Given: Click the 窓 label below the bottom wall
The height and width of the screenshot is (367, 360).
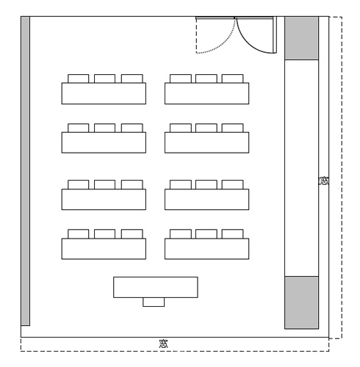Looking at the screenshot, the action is tap(163, 344).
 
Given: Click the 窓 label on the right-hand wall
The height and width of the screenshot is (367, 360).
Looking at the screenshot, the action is tap(323, 181).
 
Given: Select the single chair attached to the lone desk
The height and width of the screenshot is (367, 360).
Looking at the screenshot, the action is tap(154, 302).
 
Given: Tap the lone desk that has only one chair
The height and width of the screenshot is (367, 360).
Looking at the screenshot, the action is tap(156, 287).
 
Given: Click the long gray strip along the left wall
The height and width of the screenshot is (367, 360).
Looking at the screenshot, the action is tap(26, 171).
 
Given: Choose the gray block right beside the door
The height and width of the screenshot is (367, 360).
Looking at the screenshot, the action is tap(301, 38).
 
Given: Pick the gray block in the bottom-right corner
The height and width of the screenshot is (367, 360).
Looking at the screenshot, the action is tap(301, 302).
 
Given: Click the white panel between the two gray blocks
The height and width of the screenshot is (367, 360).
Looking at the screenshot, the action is tap(301, 168).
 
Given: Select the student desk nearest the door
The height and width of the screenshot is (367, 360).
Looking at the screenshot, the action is tap(207, 93).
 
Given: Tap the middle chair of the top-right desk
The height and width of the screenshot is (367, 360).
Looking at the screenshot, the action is tap(206, 79).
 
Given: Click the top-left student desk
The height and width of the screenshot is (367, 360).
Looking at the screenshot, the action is tap(104, 93).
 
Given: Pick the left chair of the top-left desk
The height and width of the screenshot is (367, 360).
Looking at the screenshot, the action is tap(79, 79).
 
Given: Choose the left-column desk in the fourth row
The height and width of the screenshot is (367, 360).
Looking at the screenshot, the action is tap(104, 249).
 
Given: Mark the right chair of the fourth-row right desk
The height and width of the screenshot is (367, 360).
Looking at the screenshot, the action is tap(233, 234).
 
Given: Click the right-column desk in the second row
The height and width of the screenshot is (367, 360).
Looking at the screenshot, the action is tap(207, 142).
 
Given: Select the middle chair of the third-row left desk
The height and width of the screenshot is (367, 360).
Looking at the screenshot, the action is tap(104, 184).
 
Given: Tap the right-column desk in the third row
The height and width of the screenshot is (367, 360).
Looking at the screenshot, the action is tap(207, 200).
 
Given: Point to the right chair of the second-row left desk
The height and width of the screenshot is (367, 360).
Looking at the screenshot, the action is tap(132, 128).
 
